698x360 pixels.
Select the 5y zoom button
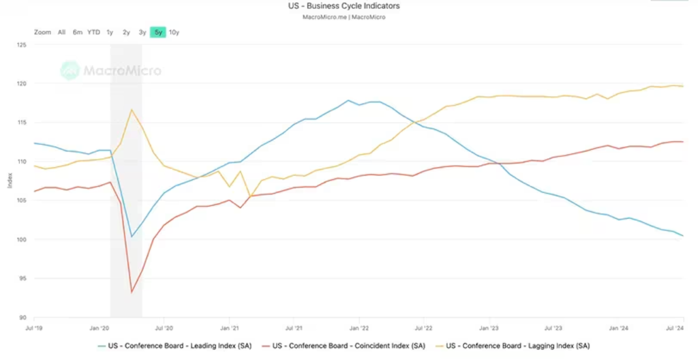pos(158,32)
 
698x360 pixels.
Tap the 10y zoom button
pos(174,32)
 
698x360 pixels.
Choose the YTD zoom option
pos(93,32)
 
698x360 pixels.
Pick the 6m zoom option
pos(77,32)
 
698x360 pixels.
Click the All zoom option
pos(61,32)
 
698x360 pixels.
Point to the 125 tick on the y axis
pos(21,45)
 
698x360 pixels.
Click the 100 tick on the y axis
pos(21,239)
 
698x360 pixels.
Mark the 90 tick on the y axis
pos(22,317)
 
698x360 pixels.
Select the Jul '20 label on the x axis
pos(164,328)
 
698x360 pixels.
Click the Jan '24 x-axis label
pos(618,328)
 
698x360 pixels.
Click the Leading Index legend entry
pos(179,346)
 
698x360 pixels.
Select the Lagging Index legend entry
pos(519,346)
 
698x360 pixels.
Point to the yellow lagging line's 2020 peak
pos(132,110)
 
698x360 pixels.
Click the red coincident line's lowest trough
pos(132,292)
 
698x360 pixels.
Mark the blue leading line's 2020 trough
pos(132,237)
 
